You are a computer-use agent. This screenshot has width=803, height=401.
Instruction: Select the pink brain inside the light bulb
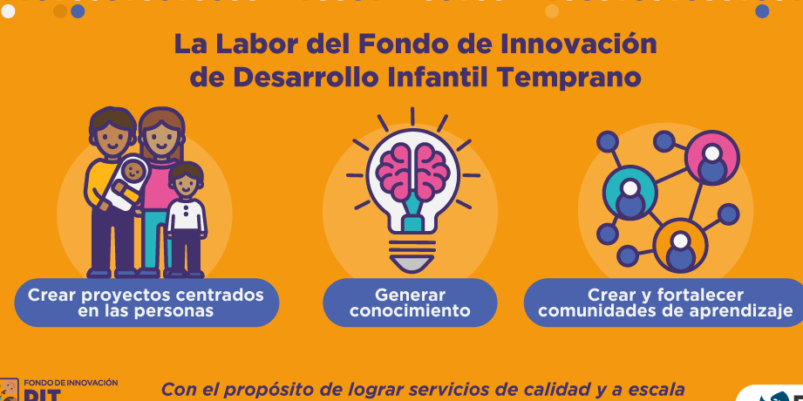tap(412, 172)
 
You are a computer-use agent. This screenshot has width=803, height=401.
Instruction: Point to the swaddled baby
tap(126, 184)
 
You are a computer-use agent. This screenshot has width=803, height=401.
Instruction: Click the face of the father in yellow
tap(112, 136)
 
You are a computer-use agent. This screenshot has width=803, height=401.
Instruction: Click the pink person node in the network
tap(711, 157)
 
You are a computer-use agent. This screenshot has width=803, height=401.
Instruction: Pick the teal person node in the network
tap(629, 193)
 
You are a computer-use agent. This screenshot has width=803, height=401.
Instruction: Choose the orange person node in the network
tap(680, 245)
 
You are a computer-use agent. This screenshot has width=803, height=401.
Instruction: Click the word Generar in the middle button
tap(410, 295)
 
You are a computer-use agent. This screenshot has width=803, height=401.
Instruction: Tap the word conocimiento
tap(410, 311)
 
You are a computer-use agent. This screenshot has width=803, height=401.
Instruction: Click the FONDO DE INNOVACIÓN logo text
tap(71, 383)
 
